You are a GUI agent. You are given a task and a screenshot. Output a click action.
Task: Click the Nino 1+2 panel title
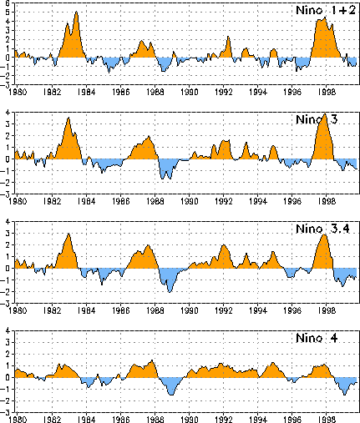326,10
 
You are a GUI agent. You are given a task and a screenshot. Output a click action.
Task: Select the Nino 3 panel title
317,119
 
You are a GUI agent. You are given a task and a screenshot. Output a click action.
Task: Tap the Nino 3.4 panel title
322,229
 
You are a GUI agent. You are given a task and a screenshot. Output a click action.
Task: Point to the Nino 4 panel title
317,338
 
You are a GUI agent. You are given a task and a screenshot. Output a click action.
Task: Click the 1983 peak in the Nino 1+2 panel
76,13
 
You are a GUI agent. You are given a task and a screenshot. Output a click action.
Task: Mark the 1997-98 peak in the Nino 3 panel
325,114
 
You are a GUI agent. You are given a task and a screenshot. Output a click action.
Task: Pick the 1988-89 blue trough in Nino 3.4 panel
170,291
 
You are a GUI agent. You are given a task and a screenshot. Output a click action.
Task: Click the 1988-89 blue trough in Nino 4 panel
171,395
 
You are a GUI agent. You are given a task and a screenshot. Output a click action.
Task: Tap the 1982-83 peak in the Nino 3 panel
68,118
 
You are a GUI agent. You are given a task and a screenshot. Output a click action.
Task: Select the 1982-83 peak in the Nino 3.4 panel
68,234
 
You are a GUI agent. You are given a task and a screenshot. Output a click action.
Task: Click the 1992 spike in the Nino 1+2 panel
228,37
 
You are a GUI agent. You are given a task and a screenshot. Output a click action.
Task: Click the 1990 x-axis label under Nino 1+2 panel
190,92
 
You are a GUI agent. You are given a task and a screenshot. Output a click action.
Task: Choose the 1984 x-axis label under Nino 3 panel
86,201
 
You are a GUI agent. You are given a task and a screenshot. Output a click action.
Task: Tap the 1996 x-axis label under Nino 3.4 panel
292,310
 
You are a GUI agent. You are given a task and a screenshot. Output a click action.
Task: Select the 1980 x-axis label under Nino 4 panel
18,419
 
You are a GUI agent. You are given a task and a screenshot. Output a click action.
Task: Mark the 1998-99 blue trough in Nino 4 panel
345,394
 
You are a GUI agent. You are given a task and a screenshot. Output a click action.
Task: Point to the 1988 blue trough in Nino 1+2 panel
164,71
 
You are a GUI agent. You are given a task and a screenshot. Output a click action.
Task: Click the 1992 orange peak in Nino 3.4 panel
223,245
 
